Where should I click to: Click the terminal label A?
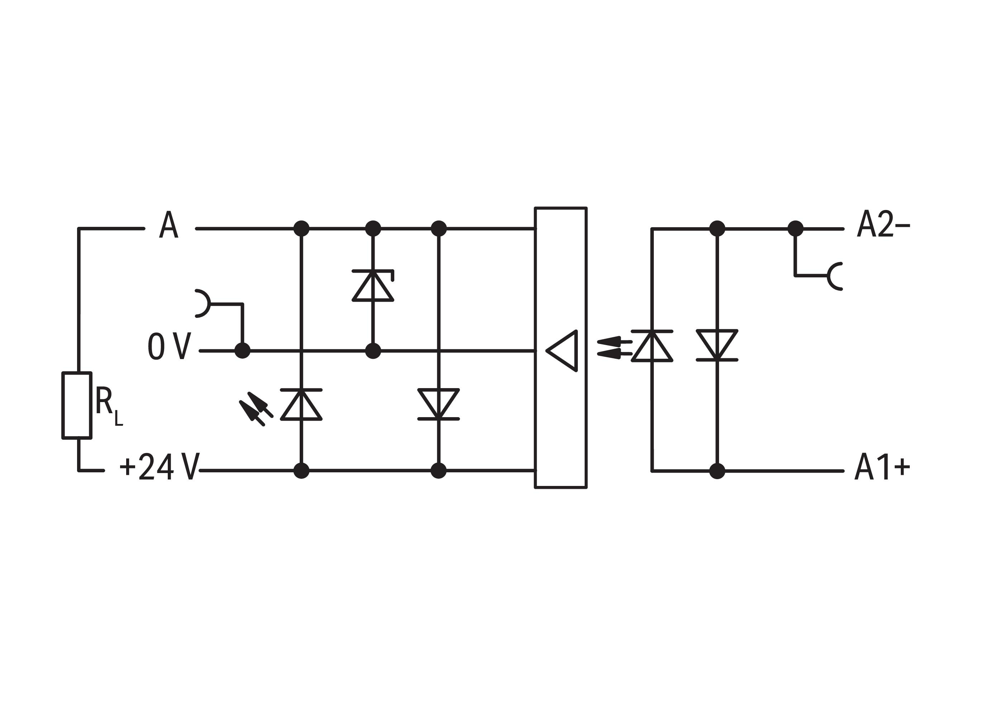point(168,225)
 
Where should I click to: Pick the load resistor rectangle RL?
point(77,405)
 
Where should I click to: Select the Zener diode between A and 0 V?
point(373,286)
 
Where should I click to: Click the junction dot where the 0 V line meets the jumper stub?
point(243,351)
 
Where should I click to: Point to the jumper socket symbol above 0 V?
point(202,303)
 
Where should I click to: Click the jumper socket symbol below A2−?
point(835,276)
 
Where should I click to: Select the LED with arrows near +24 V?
point(301,405)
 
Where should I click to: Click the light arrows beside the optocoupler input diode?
point(614,347)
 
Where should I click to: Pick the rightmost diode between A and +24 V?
point(438,404)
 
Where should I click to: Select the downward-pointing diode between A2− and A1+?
point(717,345)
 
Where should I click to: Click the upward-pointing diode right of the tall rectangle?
point(652,346)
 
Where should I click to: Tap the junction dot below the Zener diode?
point(373,351)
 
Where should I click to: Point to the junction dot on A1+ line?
point(717,471)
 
